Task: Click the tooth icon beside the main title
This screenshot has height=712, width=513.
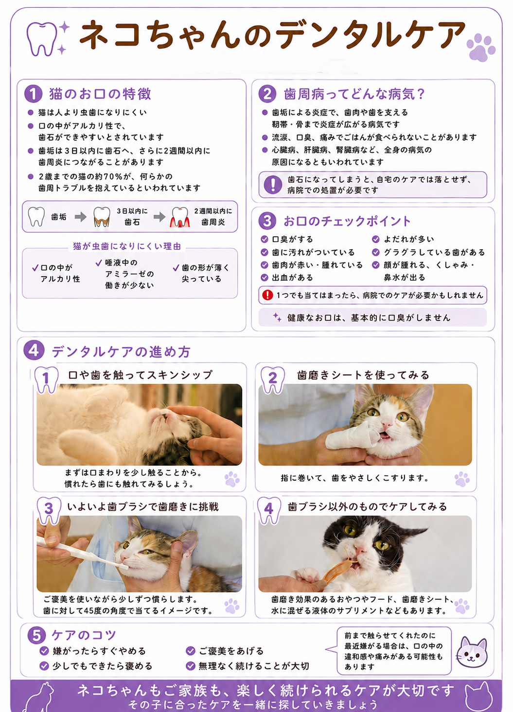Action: pyautogui.click(x=42, y=39)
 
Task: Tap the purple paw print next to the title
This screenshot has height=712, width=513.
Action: pyautogui.click(x=480, y=47)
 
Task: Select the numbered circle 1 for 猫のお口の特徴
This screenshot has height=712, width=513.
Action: pyautogui.click(x=33, y=94)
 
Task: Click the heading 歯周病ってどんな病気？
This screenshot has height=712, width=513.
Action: pyautogui.click(x=354, y=94)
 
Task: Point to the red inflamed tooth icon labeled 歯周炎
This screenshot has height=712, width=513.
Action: pyautogui.click(x=180, y=217)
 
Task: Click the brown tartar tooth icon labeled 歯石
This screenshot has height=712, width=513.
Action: pyautogui.click(x=102, y=217)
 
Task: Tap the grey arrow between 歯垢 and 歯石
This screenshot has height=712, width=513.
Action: pyautogui.click(x=81, y=217)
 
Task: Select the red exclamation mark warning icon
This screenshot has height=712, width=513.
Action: pyautogui.click(x=267, y=295)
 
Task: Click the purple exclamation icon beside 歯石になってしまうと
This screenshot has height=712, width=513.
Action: pyautogui.click(x=273, y=185)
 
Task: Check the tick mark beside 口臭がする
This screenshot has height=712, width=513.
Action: pyautogui.click(x=265, y=239)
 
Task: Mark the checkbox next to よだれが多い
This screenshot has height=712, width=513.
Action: pyautogui.click(x=375, y=239)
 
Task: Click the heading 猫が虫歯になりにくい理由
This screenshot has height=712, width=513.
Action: pyautogui.click(x=127, y=246)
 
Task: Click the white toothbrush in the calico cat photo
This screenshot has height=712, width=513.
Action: pyautogui.click(x=83, y=553)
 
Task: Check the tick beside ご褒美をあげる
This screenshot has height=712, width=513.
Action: pyautogui.click(x=190, y=651)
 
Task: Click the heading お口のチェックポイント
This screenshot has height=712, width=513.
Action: pyautogui.click(x=347, y=221)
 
